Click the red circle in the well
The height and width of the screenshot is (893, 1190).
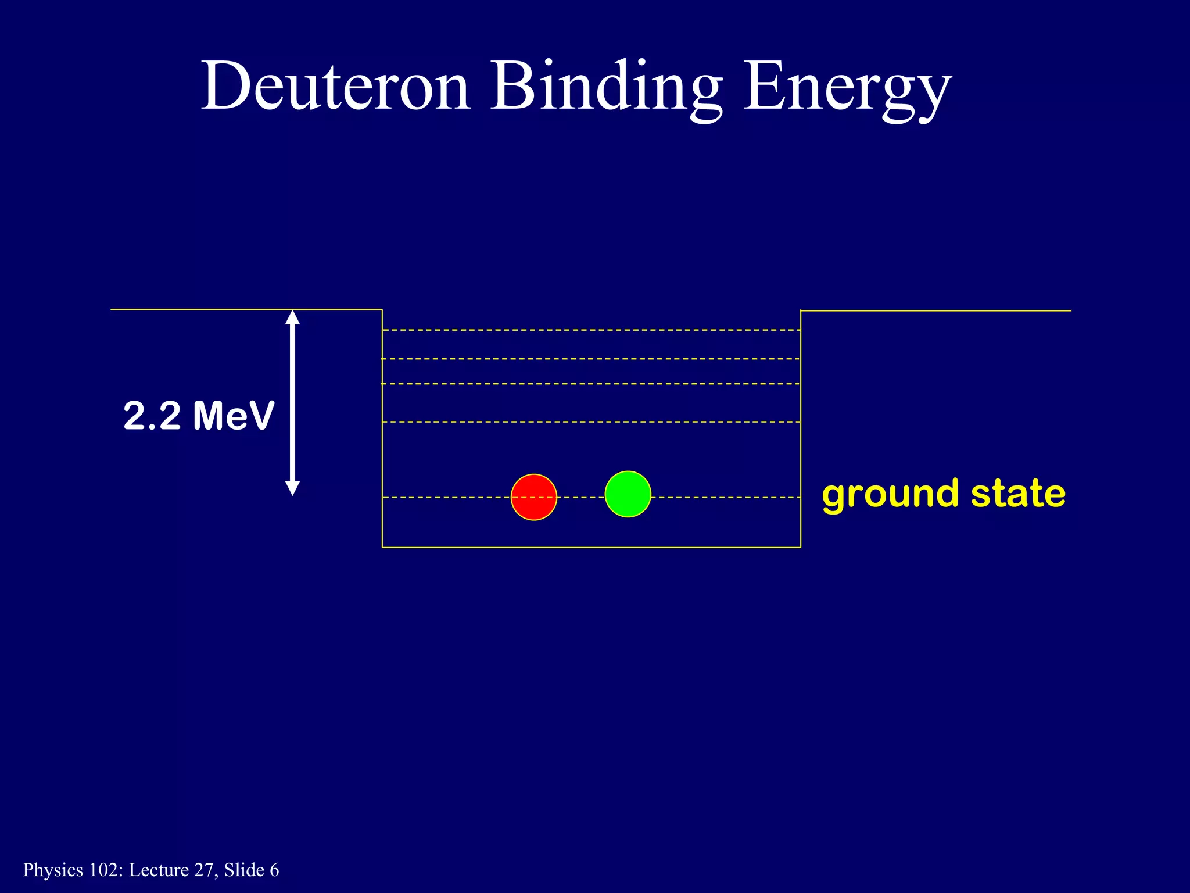click(533, 497)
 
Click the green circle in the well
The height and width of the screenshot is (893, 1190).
click(628, 494)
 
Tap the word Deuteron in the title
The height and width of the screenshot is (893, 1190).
click(335, 86)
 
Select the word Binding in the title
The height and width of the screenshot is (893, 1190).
click(607, 86)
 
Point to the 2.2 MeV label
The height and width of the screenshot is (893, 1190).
click(199, 416)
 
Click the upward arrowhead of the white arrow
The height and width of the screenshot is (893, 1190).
click(293, 317)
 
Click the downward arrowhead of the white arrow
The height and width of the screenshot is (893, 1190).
click(293, 488)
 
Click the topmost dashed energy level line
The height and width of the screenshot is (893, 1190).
click(591, 330)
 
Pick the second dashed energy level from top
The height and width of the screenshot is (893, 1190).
click(591, 359)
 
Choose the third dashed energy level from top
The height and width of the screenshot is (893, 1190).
click(591, 384)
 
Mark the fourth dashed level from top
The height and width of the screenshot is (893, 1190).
click(591, 422)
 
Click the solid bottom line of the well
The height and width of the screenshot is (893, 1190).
click(591, 547)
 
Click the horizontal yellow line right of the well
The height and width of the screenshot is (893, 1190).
click(935, 311)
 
